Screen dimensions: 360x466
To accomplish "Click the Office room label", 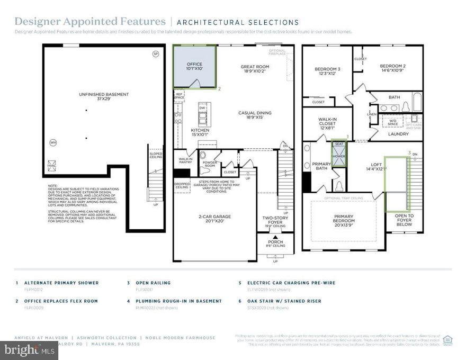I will point(194,67).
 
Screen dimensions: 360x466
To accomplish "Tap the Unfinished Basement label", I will point(104,97).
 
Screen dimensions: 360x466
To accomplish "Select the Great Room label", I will point(255,70).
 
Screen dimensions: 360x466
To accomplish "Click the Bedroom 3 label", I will point(327,72).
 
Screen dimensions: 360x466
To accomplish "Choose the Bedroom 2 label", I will point(392,69).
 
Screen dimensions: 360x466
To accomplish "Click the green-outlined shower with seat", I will point(338,154).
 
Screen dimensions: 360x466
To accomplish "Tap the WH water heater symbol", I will point(52,142).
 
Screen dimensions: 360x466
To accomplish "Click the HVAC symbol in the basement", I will point(52,164).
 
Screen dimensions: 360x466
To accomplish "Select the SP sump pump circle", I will point(155,53).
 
